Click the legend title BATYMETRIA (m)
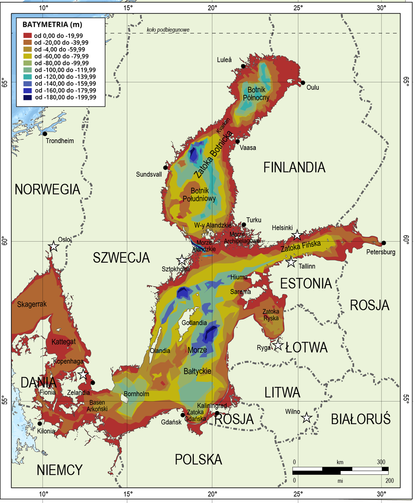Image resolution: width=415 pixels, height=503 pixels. tap(52, 24)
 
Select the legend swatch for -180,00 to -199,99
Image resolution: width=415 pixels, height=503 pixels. tap(28, 97)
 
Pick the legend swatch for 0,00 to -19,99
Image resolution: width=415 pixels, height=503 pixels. tap(28, 35)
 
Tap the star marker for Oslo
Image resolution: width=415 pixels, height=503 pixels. tap(54, 246)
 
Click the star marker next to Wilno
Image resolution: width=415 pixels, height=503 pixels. tap(306, 417)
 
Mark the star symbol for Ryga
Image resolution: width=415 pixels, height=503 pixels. tap(278, 345)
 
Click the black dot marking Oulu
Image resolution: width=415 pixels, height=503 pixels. tap(303, 83)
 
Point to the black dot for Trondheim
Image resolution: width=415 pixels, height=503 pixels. tap(45, 134)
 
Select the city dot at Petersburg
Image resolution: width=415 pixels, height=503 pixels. tap(383, 243)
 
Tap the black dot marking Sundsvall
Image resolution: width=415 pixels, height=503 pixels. tap(165, 167)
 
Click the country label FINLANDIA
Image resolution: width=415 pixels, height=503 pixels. tap(294, 167)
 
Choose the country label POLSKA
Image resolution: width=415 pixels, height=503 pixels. tap(198, 459)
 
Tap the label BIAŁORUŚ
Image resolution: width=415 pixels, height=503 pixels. tap(361, 419)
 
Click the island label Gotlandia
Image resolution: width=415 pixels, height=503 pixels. tap(194, 323)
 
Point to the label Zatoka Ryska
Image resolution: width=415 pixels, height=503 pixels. tap(271, 314)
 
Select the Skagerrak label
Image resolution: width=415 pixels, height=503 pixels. tap(32, 304)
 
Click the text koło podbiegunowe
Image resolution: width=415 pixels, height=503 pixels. tap(168, 30)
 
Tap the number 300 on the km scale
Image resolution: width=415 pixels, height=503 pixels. tap(380, 462)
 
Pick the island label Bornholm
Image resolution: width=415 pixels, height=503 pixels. tap(136, 394)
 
